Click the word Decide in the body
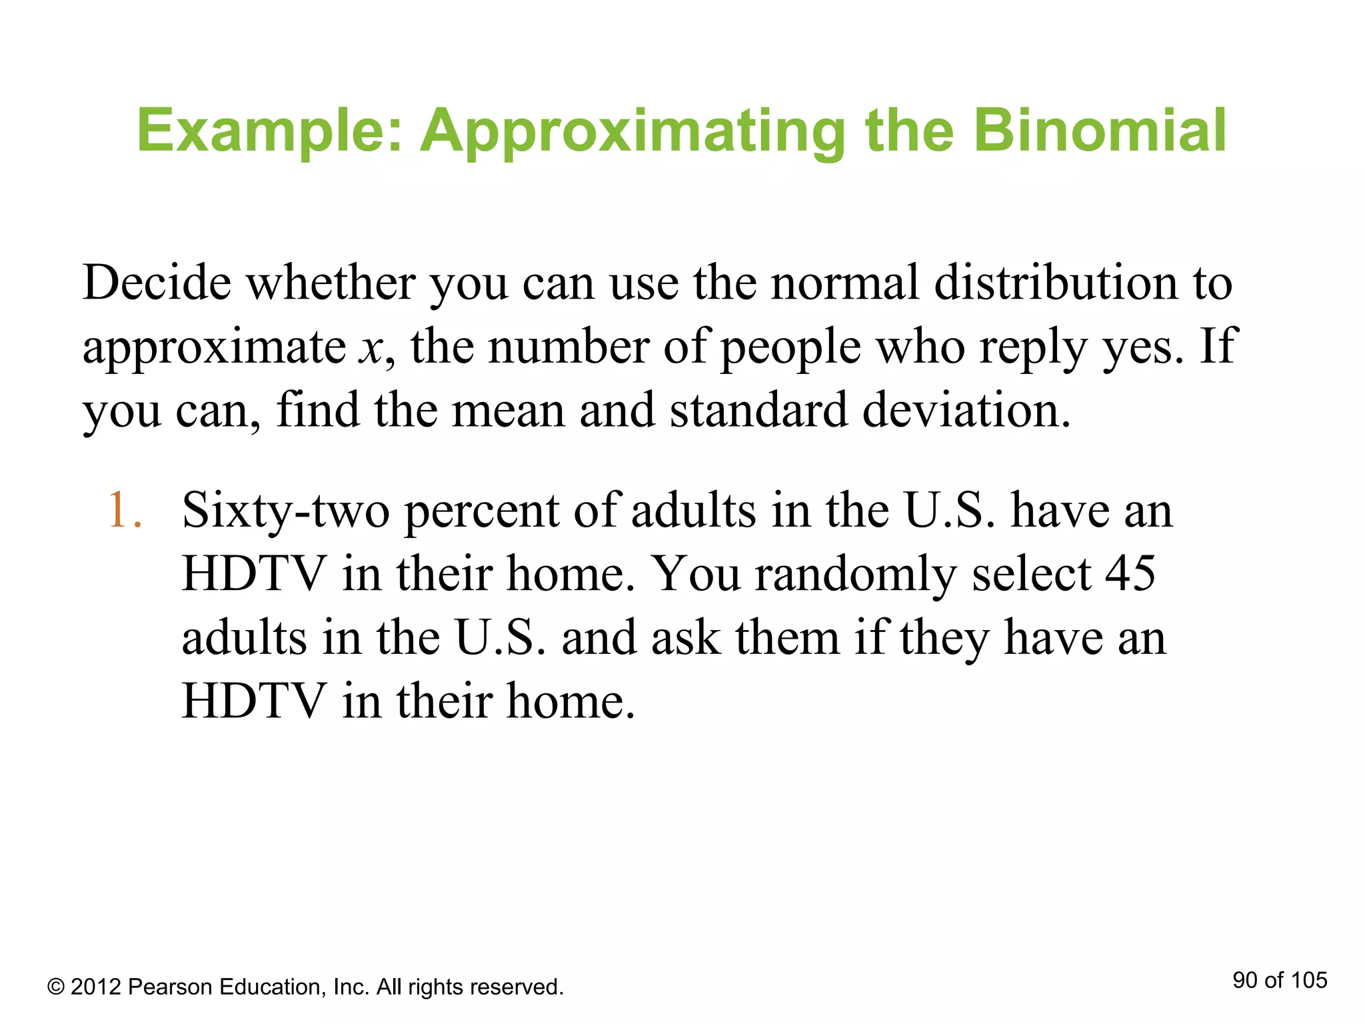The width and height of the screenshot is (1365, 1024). click(x=157, y=283)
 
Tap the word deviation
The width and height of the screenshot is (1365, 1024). click(x=966, y=410)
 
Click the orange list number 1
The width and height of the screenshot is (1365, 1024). click(x=125, y=511)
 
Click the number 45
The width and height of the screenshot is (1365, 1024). click(x=1130, y=574)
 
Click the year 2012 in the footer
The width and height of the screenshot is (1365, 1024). click(x=95, y=987)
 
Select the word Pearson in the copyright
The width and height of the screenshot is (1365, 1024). click(x=169, y=987)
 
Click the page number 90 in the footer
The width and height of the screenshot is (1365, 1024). click(x=1244, y=981)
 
